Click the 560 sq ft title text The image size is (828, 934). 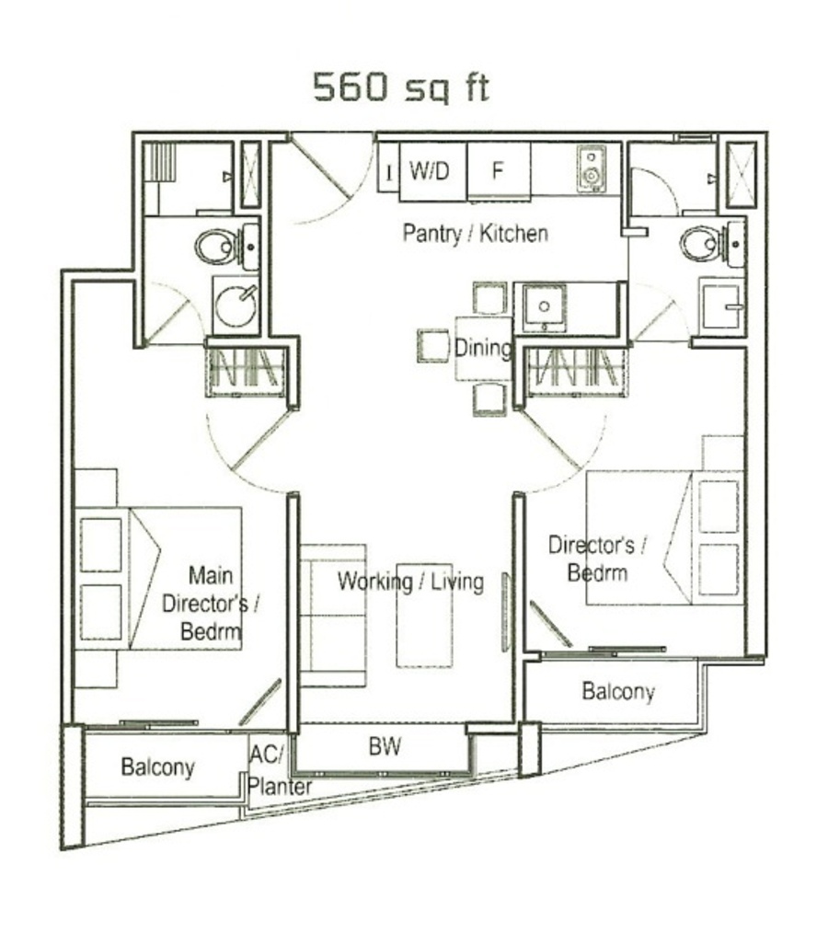pos(401,88)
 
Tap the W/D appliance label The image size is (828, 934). pos(429,171)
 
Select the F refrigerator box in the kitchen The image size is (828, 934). pos(498,171)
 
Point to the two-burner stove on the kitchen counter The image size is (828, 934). pos(591,169)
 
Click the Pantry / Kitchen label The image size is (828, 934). pos(476,233)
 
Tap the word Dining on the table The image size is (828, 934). pos(482,348)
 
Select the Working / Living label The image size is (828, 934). pos(410,582)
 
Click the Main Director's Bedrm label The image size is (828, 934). pos(211,604)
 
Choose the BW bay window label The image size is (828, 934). pos(385,746)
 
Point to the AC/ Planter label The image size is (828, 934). pos(280,771)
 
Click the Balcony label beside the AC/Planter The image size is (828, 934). pos(157,767)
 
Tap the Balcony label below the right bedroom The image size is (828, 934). pos(618,692)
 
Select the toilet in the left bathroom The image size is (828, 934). pos(215,248)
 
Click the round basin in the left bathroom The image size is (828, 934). pos(236,306)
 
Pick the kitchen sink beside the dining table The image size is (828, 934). pos(544,307)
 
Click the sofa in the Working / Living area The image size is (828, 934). pos(332,616)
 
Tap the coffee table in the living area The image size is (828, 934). pos(425,616)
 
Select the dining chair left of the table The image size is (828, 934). pos(433,345)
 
